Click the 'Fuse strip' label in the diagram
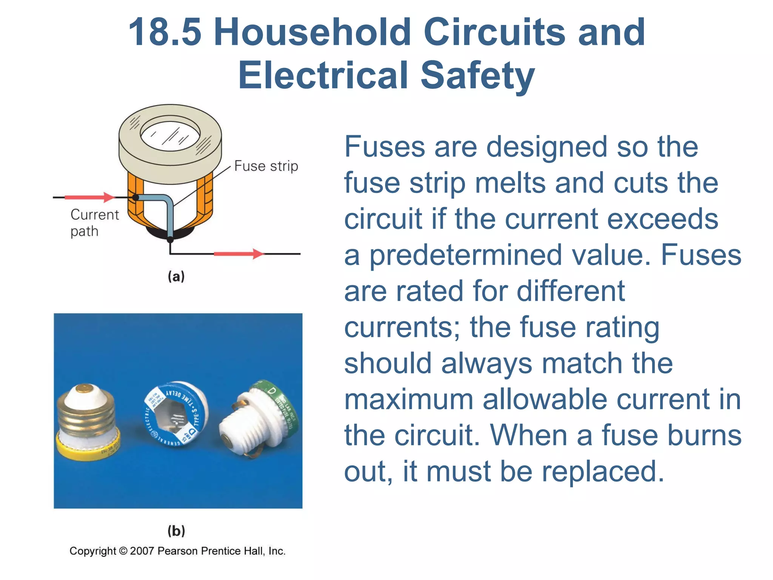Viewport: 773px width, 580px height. point(266,166)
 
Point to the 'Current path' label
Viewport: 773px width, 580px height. point(94,223)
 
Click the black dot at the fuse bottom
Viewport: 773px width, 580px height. point(170,239)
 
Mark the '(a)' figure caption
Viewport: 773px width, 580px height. point(176,276)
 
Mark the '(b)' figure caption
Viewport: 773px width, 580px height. point(176,531)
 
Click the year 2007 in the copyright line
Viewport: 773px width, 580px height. point(142,551)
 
